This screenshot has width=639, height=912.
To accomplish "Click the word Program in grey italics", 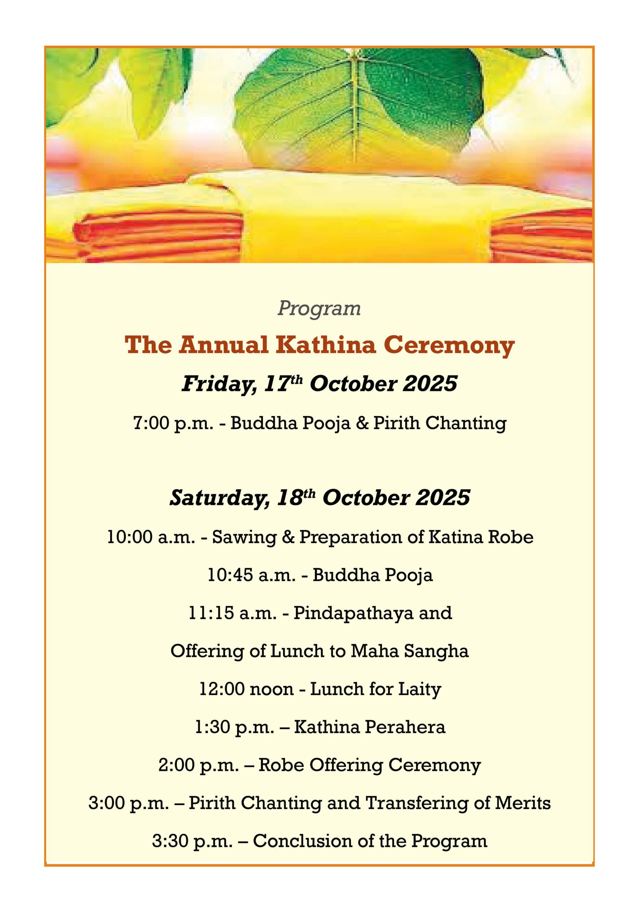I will pos(319,308).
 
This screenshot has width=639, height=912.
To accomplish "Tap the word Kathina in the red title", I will pos(325,345).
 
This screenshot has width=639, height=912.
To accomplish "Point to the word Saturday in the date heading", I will pos(219,498).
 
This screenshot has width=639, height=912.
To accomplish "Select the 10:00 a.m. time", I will pos(151,537).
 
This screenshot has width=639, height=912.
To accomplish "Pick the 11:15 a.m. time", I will pos(232,613).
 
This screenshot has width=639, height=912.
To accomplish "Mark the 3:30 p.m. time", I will pos(192,841).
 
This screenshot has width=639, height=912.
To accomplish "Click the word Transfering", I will pos(417,803).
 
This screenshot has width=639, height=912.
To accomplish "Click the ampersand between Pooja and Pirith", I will pos(362,423).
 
